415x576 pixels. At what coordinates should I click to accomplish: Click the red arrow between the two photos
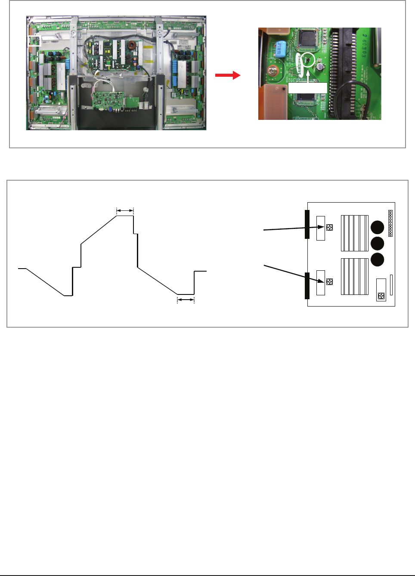click(x=228, y=75)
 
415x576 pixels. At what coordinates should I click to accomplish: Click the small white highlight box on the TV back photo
click(x=34, y=41)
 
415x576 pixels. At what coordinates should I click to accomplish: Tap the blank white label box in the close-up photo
click(x=307, y=88)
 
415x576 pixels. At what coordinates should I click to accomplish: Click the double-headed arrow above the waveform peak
click(x=125, y=210)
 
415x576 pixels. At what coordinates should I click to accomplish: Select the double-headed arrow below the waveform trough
click(x=186, y=299)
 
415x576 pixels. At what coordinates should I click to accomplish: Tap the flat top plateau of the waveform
click(x=125, y=216)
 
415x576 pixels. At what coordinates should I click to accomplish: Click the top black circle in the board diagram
click(x=377, y=227)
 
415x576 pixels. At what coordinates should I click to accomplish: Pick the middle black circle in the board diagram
click(x=377, y=244)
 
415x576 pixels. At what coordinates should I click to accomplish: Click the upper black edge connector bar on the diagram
click(x=307, y=224)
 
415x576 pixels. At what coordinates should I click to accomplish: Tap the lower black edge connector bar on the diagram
click(x=307, y=285)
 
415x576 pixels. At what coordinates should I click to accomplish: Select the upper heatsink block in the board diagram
click(x=354, y=233)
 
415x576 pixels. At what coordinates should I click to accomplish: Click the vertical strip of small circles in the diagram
click(x=390, y=223)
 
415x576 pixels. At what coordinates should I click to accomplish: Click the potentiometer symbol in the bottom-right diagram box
click(x=381, y=296)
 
